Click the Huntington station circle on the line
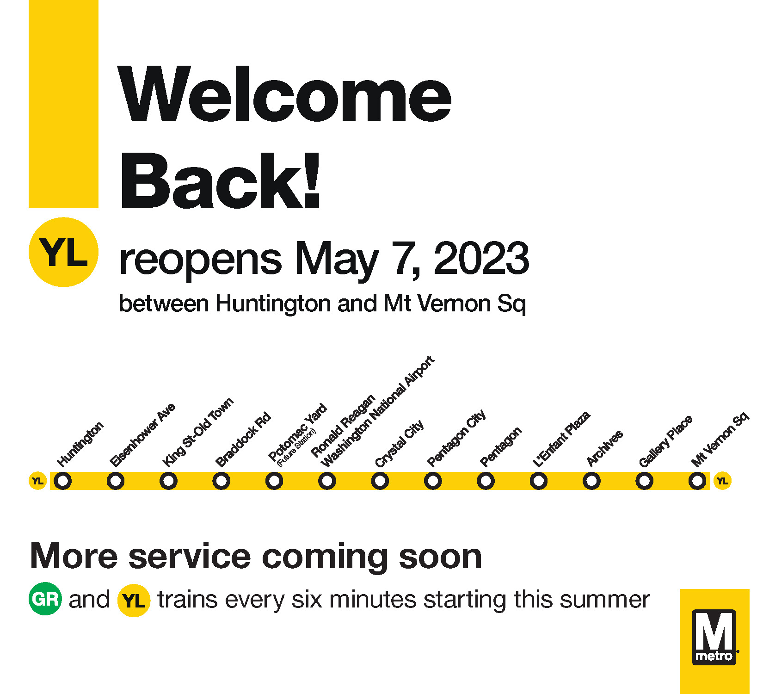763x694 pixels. coord(63,481)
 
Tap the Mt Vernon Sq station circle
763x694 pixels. coord(697,481)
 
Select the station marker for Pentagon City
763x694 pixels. coord(433,481)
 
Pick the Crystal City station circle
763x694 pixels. coord(380,481)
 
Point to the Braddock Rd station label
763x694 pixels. coord(243,440)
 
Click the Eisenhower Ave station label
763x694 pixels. coord(142,435)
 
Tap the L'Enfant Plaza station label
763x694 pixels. coord(561,439)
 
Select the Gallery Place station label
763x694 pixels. coord(665,441)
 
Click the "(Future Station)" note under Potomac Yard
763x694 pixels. coord(296,447)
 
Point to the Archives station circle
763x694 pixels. coord(591,481)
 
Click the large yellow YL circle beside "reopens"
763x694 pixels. coord(63,252)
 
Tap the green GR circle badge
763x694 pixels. coord(45,599)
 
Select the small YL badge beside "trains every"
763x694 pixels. coord(134,601)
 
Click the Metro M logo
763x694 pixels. coord(714,637)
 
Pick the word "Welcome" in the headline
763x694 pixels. coord(284,95)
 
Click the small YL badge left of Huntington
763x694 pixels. coord(37,481)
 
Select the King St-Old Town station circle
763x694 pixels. coord(168,481)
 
